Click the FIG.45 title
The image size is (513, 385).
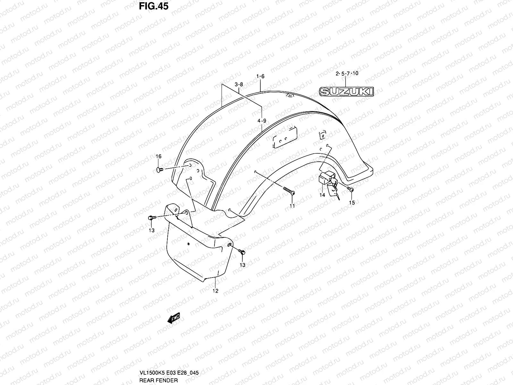(154, 6)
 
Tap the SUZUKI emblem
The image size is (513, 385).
(347, 92)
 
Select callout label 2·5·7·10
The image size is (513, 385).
(347, 73)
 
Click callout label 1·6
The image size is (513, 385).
(260, 76)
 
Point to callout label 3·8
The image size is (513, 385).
(239, 85)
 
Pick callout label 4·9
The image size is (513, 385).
(262, 121)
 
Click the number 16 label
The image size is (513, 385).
(159, 157)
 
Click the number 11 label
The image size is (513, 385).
(292, 206)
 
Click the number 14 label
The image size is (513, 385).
(322, 195)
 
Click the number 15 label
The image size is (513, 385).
(352, 203)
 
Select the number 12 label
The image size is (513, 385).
(215, 291)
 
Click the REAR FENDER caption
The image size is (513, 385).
(158, 381)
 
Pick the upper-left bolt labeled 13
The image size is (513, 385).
(151, 218)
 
